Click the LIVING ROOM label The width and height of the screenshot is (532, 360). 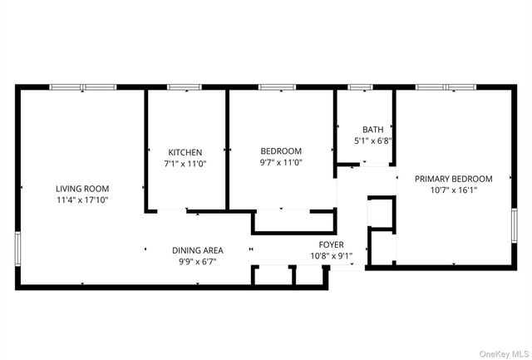click(82, 189)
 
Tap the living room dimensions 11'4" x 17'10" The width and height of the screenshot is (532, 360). click(82, 200)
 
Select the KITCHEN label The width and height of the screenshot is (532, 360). click(185, 152)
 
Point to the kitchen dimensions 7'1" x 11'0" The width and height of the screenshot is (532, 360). click(186, 164)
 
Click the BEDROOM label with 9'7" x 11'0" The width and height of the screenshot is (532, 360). click(280, 150)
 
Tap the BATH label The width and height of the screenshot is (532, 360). click(372, 129)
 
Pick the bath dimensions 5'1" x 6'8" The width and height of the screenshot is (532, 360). click(372, 141)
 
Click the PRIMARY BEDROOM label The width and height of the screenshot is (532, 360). click(454, 178)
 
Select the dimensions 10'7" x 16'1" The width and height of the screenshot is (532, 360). click(454, 190)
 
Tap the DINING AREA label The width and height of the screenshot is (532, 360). click(197, 249)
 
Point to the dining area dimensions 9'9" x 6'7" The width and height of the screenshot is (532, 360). click(197, 261)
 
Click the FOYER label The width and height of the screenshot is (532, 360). click(332, 244)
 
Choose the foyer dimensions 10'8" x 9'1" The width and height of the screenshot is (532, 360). click(332, 256)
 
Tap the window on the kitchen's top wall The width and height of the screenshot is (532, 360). click(185, 86)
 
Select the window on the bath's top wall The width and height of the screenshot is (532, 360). click(360, 86)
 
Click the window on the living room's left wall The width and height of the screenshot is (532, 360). click(17, 248)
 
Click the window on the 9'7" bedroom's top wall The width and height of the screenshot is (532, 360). click(277, 86)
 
